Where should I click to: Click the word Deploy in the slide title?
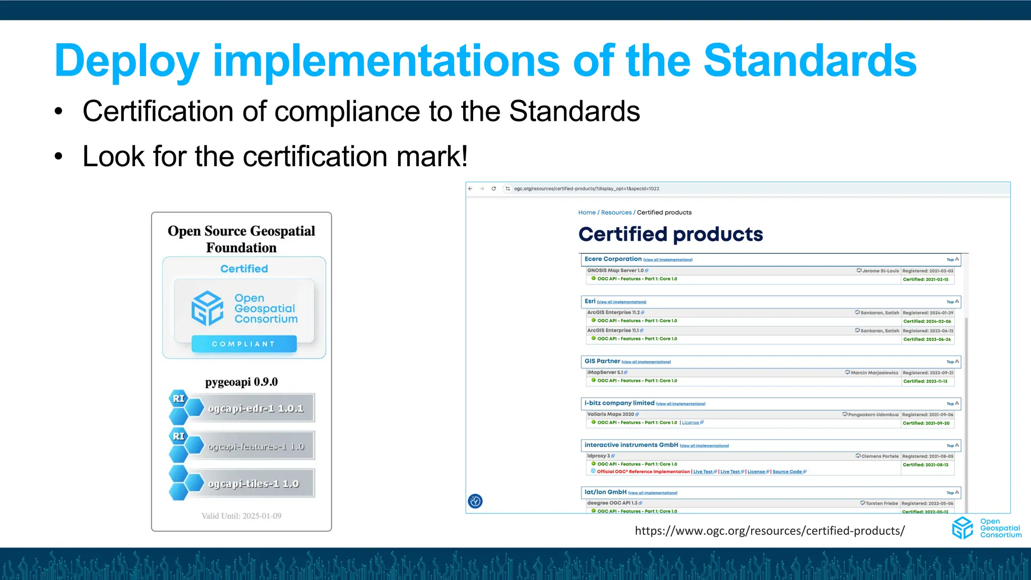pos(127,61)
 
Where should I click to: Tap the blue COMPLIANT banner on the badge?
pos(244,344)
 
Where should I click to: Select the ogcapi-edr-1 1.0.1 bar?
pos(256,408)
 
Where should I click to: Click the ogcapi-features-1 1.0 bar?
pos(256,447)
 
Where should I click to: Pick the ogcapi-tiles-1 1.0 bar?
pos(254,484)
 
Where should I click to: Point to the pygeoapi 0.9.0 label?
pos(241,382)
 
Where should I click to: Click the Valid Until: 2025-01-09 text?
pos(241,516)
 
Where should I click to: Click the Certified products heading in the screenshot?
pos(670,235)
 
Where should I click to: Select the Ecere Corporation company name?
pos(613,259)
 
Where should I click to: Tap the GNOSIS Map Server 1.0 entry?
pos(615,271)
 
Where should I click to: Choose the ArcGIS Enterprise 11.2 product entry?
pos(613,313)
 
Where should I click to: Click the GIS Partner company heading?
pos(602,361)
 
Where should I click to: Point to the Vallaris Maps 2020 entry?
pos(610,414)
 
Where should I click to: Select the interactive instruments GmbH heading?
pos(631,445)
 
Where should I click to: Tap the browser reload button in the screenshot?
pos(494,189)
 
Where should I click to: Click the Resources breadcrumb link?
pos(616,212)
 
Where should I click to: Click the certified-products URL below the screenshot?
pos(769,531)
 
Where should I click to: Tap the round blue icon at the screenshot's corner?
pos(475,501)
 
